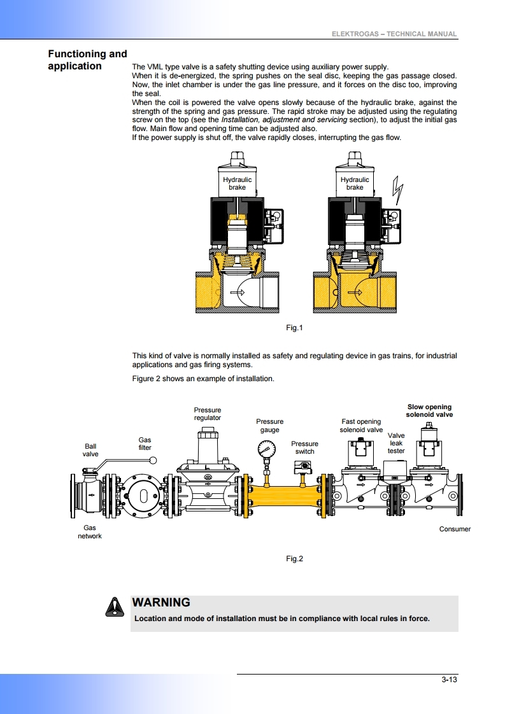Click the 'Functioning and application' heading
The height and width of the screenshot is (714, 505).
tap(87, 60)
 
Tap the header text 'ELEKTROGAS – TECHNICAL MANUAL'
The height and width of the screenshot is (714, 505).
tap(394, 34)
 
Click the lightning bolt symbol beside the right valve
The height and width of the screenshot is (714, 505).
tap(399, 189)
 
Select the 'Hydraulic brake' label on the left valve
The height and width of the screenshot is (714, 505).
tap(237, 183)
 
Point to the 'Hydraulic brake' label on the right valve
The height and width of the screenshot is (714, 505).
tap(355, 183)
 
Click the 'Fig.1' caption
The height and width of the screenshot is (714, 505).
tap(294, 328)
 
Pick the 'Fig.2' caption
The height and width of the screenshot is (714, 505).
tap(294, 559)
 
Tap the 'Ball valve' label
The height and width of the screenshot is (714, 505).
tap(90, 450)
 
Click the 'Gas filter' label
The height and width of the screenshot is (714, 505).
tap(145, 444)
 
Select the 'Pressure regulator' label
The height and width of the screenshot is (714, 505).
tap(208, 414)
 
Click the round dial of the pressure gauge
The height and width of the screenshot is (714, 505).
tap(266, 449)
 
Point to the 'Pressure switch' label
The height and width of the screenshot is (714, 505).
tap(304, 447)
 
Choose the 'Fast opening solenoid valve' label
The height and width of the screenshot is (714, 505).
tap(361, 425)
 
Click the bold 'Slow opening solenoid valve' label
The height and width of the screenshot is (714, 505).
tap(429, 410)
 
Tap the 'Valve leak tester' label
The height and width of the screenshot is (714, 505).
tap(396, 443)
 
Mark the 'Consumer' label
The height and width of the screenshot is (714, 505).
tap(455, 529)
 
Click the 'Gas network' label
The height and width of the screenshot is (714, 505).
tap(90, 531)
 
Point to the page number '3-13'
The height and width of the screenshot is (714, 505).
tap(449, 679)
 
